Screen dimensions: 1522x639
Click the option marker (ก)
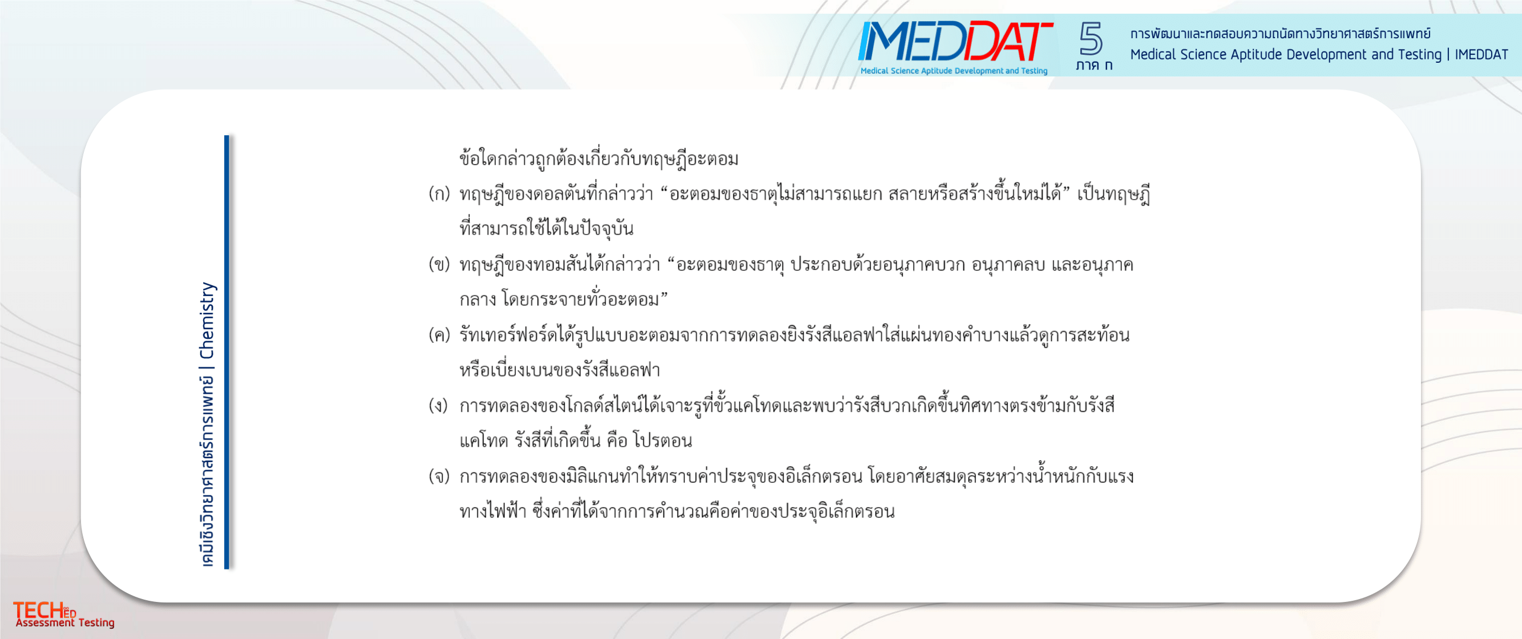pos(439,194)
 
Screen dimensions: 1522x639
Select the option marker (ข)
pos(439,264)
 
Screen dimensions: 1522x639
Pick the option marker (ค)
pos(439,335)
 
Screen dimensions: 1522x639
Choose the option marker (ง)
pos(438,405)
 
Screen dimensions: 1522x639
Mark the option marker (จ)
pos(439,476)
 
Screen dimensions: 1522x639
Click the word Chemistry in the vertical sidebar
pos(207,321)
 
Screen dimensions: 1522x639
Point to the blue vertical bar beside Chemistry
pos(227,352)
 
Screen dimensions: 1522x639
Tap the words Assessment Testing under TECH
pos(65,622)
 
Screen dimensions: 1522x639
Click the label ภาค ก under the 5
pos(1094,65)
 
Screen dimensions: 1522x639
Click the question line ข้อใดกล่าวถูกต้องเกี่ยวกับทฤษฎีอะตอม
pos(599,158)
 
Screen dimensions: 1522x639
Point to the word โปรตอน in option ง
pos(662,440)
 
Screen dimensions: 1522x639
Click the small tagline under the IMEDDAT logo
pos(954,71)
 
